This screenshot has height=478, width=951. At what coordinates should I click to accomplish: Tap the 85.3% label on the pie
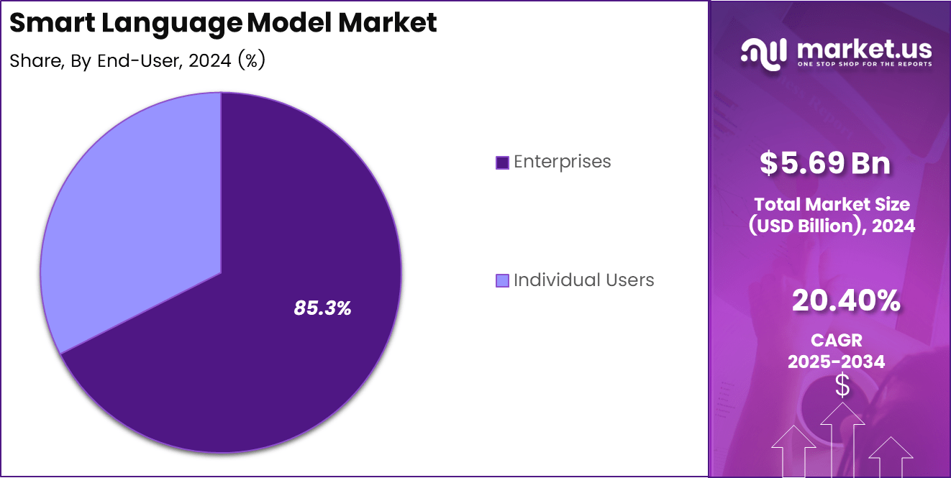[x=322, y=308]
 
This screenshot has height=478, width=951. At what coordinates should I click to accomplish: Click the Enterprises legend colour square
[x=502, y=162]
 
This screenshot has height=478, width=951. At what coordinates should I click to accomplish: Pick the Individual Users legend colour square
[x=502, y=280]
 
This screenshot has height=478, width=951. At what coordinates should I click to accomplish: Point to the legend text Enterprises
[x=562, y=162]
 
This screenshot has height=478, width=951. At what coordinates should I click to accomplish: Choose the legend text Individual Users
[x=583, y=280]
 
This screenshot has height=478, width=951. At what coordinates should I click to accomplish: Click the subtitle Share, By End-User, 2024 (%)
[x=137, y=61]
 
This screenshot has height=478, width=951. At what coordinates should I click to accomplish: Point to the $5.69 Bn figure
[x=824, y=163]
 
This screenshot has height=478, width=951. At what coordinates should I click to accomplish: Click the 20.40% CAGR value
[x=845, y=301]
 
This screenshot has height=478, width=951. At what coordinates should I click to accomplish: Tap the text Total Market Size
[x=832, y=204]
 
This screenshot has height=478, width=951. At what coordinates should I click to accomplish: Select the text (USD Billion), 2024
[x=832, y=226]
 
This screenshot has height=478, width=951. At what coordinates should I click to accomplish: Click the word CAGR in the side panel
[x=836, y=339]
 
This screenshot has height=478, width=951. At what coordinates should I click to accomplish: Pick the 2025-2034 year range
[x=836, y=361]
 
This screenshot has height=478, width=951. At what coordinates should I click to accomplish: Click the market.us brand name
[x=864, y=50]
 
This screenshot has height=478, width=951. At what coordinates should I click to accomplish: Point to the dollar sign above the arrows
[x=842, y=386]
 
